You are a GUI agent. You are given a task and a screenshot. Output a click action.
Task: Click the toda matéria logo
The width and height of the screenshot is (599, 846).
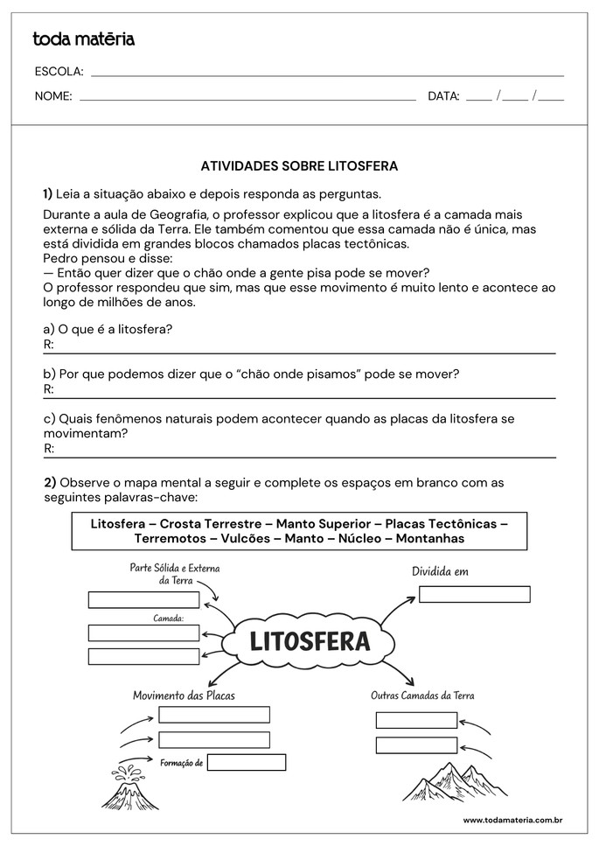(83, 38)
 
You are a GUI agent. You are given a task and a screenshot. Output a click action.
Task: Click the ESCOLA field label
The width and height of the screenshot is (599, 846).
(59, 72)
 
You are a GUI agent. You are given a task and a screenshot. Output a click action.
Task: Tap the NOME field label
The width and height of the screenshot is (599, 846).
(53, 96)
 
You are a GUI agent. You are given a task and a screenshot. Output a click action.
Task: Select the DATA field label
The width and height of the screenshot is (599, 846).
(443, 96)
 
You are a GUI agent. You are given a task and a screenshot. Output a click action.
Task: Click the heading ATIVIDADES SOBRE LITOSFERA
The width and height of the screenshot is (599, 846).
(299, 165)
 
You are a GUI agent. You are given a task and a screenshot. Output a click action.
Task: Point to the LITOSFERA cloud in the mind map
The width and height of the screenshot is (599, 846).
(309, 641)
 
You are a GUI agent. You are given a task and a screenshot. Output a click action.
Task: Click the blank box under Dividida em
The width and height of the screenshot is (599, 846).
(474, 594)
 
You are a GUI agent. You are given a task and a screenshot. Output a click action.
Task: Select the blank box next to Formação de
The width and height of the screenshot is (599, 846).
(247, 762)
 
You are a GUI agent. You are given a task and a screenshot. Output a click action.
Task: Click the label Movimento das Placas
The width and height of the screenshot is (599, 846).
(184, 696)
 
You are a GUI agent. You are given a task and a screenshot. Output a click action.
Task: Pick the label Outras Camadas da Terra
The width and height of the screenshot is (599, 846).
(422, 696)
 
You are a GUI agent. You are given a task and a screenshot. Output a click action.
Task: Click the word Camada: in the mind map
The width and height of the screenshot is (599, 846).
(168, 619)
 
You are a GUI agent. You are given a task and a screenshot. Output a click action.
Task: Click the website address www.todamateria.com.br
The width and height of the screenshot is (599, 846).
(512, 820)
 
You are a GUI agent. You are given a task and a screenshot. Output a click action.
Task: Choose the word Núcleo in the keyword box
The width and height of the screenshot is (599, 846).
(358, 539)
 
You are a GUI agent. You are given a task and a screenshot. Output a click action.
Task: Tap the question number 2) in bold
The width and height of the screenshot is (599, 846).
(50, 482)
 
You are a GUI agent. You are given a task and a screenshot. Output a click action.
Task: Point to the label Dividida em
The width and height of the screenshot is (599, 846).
(440, 571)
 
